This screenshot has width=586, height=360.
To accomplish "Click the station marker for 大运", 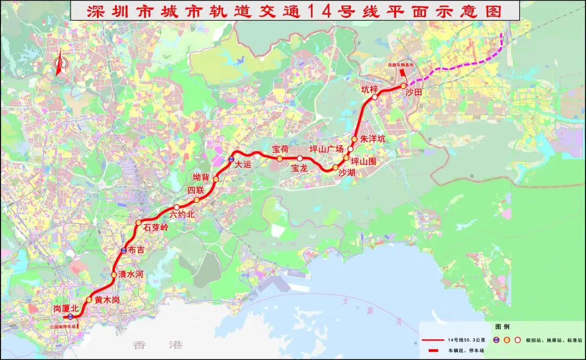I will (x=231, y=159).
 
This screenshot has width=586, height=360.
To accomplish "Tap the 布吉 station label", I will (x=136, y=250).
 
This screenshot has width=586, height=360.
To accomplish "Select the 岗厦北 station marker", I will (x=70, y=317).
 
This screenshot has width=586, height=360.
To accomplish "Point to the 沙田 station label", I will (x=413, y=93).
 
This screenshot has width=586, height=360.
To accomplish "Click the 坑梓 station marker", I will (x=375, y=97).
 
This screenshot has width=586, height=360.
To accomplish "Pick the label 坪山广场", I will (x=326, y=149).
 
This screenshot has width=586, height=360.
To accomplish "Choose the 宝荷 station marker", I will (x=279, y=159).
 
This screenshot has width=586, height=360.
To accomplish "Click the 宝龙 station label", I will (x=299, y=168).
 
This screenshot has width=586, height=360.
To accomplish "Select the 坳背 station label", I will (x=201, y=177).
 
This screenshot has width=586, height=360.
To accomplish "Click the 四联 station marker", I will (x=196, y=200).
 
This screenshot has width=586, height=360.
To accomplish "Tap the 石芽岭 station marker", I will (x=138, y=223).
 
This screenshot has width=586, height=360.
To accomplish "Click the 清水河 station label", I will (x=130, y=274).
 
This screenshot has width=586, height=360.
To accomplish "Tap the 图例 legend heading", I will (x=502, y=327).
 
